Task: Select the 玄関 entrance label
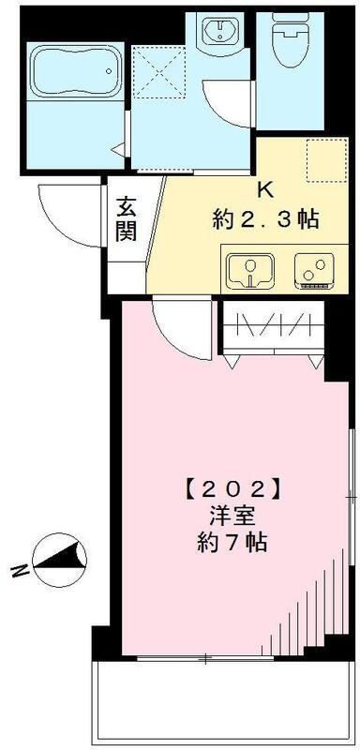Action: point(127,217)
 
